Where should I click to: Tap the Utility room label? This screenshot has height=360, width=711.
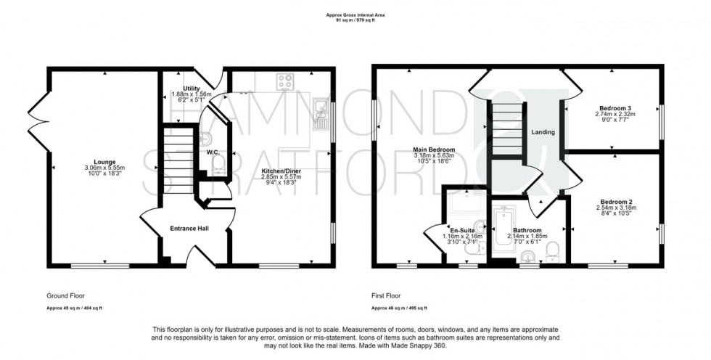(x=171, y=88)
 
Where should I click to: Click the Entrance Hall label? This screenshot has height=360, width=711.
(x=189, y=229)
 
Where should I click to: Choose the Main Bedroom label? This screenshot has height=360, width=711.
(x=435, y=150)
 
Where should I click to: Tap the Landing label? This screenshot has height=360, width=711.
(x=543, y=132)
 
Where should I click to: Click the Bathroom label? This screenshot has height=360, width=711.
(x=528, y=230)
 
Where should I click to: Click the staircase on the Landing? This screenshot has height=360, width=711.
(x=507, y=129)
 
